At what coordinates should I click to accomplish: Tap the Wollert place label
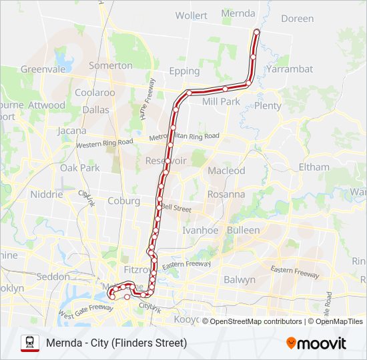[x=191, y=15]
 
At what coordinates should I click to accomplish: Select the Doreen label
[x=297, y=19]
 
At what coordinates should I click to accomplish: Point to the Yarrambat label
[x=289, y=69]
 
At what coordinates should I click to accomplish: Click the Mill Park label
[x=220, y=101]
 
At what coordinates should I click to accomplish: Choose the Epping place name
[x=184, y=71]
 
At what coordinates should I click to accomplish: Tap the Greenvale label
[x=41, y=69]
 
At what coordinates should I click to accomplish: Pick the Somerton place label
[x=111, y=65]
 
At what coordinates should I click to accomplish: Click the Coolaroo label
[x=95, y=93]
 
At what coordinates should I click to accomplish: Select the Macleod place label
[x=226, y=171]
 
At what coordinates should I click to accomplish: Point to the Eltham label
[x=314, y=167]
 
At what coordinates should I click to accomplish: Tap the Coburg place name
[x=123, y=201]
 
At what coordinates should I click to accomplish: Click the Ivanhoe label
[x=200, y=230]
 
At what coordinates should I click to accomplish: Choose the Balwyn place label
[x=239, y=279]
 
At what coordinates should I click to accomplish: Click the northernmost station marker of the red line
[x=256, y=31]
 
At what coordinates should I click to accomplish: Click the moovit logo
[x=316, y=343]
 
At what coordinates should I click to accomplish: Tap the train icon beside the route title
[x=30, y=343]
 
